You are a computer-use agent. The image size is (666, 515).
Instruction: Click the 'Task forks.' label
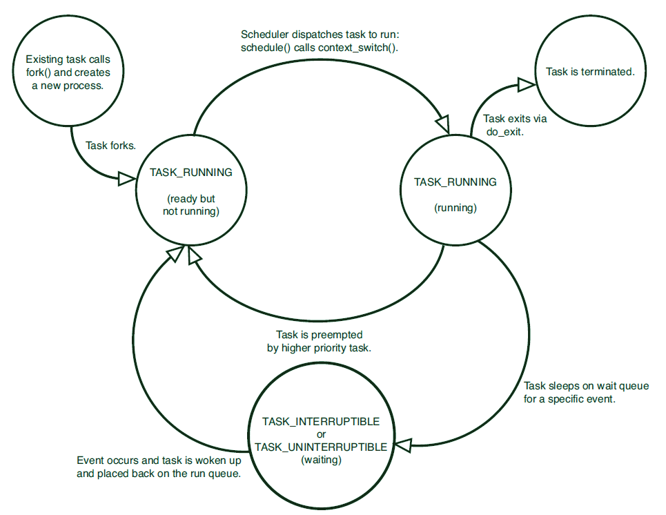[x=111, y=146]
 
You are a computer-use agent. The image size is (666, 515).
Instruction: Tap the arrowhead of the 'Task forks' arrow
[x=126, y=179]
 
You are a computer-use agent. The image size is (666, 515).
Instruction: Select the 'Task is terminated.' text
[x=589, y=71]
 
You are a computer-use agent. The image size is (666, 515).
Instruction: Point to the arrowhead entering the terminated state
[x=527, y=84]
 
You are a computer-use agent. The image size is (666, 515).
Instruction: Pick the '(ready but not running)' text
[x=191, y=206]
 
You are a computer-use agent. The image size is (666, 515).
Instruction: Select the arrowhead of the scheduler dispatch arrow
[x=442, y=126]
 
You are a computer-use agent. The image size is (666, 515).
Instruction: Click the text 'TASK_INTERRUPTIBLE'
[x=321, y=421]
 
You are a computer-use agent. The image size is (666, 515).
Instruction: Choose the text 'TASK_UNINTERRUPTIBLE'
[x=321, y=447]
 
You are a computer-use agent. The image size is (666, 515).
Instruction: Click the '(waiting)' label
[x=321, y=459]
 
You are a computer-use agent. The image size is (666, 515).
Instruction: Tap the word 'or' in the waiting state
[x=321, y=434]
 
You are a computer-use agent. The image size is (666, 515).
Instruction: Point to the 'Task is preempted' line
[x=320, y=336]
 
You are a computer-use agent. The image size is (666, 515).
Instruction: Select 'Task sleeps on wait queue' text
[x=586, y=386]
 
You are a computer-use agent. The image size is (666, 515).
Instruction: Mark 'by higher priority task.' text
[x=320, y=349]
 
